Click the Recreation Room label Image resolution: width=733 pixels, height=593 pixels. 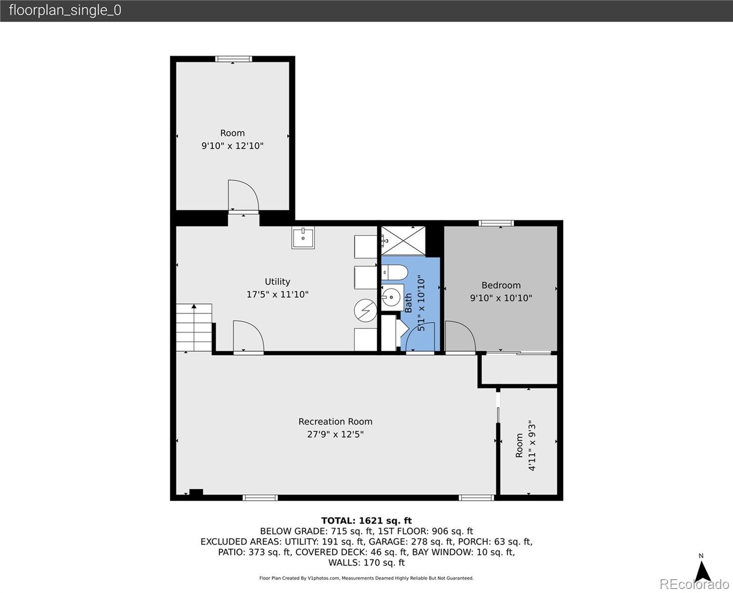[335, 422]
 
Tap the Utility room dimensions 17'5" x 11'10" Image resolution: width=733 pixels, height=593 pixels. [278, 294]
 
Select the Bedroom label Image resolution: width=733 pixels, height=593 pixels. [501, 285]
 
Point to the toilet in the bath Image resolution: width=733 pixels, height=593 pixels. [394, 272]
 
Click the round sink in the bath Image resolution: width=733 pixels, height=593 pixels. [392, 296]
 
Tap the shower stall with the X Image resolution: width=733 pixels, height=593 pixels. [404, 241]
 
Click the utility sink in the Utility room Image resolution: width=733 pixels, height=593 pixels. [303, 237]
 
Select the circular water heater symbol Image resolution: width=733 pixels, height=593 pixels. [366, 311]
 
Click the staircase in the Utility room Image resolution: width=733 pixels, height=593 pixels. [194, 327]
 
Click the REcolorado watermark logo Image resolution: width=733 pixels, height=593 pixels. [694, 584]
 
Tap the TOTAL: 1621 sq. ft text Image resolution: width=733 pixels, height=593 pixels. [366, 521]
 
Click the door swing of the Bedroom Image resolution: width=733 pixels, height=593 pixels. [460, 336]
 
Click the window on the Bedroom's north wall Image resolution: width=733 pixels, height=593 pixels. [496, 223]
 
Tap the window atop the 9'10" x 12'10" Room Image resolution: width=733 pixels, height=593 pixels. [233, 59]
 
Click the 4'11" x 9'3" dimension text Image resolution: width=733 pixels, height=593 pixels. [532, 445]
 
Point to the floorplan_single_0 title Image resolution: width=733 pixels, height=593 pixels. [65, 10]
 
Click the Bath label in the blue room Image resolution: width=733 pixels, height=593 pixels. [408, 303]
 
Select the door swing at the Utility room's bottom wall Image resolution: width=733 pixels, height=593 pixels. [248, 336]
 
